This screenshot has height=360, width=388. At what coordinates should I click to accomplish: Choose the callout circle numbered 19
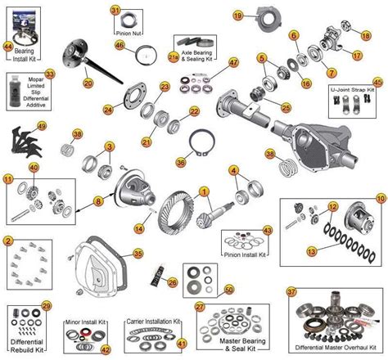click(238, 16)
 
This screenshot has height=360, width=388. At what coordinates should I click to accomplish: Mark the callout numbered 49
click(42, 126)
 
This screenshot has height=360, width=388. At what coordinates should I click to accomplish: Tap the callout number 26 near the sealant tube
click(174, 283)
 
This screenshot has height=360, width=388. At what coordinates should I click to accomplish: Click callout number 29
click(46, 305)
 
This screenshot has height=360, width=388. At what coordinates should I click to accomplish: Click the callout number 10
click(380, 198)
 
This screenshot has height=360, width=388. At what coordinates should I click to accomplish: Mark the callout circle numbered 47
click(234, 62)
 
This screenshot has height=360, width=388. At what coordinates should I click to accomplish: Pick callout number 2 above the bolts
click(7, 241)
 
